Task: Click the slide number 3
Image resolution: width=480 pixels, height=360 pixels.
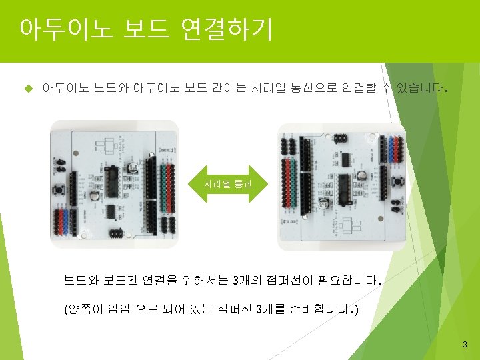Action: [x=465, y=345]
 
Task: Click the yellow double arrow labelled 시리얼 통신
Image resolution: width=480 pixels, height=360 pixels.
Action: [x=228, y=182]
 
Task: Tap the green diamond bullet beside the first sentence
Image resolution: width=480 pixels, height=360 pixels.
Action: [x=27, y=87]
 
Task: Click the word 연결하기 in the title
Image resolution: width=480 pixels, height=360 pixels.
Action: [x=226, y=29]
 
